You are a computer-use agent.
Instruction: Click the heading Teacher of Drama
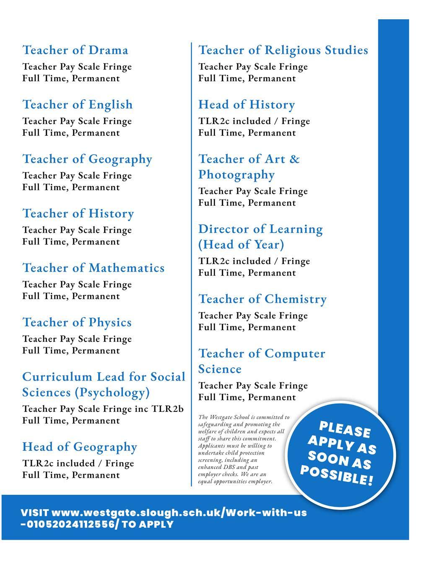[x=75, y=50]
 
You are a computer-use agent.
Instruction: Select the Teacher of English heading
[x=78, y=105]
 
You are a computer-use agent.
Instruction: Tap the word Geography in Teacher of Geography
[x=120, y=159]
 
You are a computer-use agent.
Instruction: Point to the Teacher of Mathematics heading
[x=93, y=268]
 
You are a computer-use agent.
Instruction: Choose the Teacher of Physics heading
[x=77, y=323]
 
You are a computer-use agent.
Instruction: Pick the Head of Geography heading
[x=80, y=447]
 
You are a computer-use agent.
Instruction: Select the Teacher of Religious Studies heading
[x=283, y=50]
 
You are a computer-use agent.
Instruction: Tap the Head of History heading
[x=247, y=105]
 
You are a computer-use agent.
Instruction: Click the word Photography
[x=236, y=175]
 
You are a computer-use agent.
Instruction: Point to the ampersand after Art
[x=295, y=159]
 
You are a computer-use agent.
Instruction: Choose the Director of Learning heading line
[x=260, y=229]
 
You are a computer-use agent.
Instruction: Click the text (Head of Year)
[x=241, y=245]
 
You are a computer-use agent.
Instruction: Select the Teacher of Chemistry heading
[x=262, y=299]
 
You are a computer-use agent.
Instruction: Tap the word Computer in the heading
[x=295, y=354]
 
